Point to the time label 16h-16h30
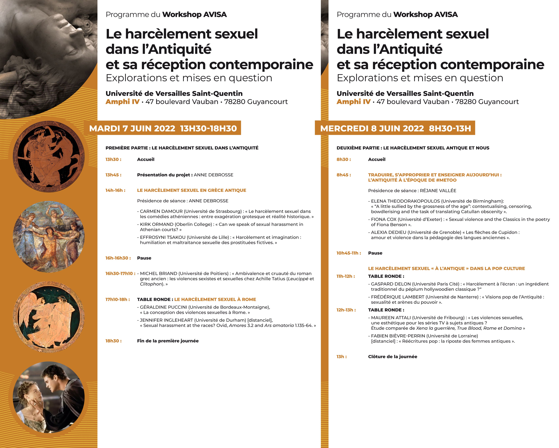coord(118,258)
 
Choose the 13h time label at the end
coord(341,357)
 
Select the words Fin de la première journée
coord(168,341)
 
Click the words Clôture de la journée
coord(393,357)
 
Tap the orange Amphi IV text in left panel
coord(122,102)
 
